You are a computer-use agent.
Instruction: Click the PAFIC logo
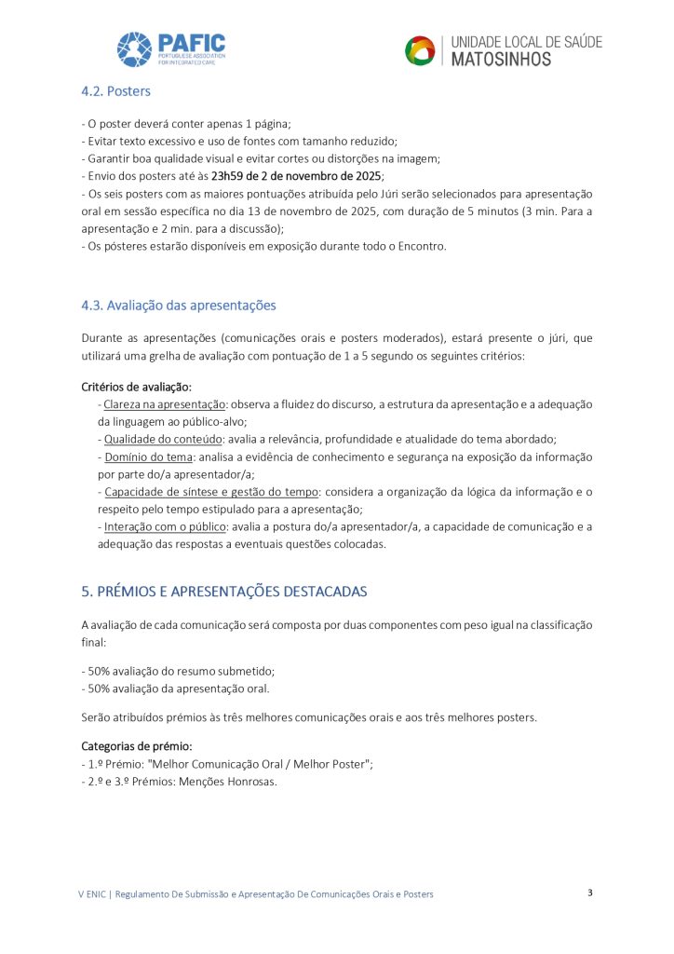coord(170,49)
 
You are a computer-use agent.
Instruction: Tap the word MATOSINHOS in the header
coord(501,60)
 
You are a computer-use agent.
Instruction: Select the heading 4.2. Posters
coord(115,91)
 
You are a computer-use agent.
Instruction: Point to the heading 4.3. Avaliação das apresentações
coord(179,306)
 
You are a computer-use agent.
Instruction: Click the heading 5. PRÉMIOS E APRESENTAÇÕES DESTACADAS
coord(224,592)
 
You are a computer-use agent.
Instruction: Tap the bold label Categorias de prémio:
coord(137,746)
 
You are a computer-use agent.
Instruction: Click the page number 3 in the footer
coord(590,893)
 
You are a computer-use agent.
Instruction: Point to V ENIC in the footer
coord(91,894)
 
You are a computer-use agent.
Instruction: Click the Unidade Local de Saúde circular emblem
coord(420,50)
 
